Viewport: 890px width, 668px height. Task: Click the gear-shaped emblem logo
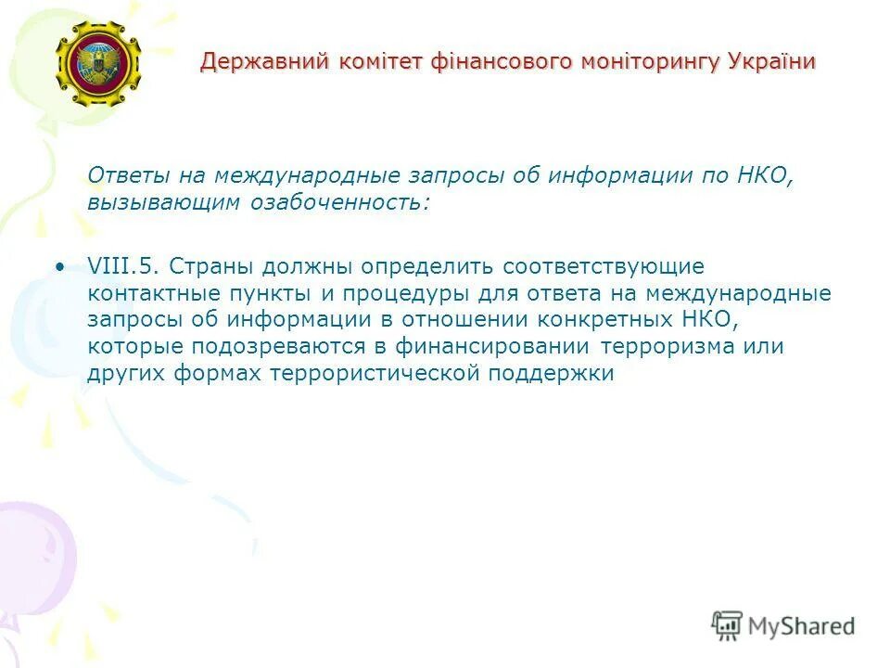click(97, 63)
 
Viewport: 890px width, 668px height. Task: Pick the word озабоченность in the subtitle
click(339, 202)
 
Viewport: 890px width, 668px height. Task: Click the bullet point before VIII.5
click(61, 267)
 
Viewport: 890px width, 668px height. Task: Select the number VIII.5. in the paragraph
click(127, 266)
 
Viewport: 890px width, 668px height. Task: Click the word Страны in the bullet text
click(214, 266)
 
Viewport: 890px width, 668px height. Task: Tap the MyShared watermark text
click(801, 626)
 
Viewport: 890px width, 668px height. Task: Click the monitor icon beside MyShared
click(728, 625)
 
